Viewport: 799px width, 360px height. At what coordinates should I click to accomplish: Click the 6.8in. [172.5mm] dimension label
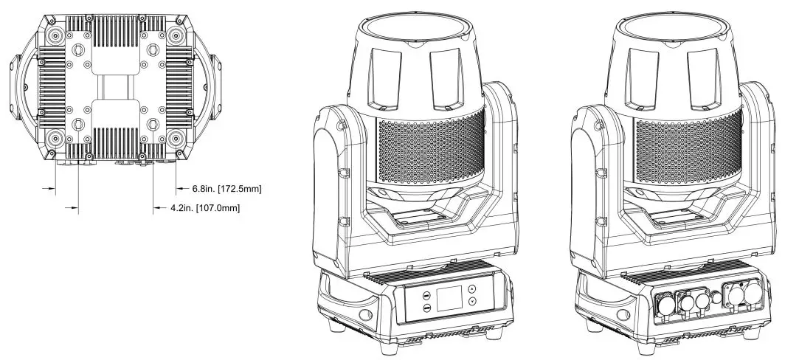pos(227,190)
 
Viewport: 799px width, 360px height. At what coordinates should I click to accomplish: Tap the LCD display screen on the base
pos(449,298)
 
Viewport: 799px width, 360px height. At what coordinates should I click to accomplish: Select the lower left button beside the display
pos(426,308)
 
